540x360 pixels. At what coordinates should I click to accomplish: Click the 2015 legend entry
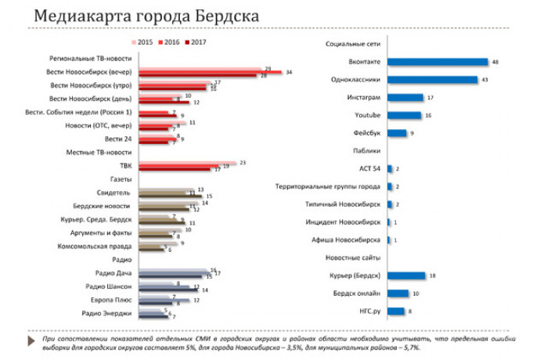142,42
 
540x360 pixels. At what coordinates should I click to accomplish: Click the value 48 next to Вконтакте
496,62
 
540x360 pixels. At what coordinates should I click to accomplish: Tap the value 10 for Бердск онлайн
416,293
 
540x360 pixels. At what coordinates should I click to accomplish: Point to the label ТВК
124,165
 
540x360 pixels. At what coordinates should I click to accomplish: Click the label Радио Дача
114,273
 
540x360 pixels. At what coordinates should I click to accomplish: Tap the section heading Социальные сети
353,45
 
